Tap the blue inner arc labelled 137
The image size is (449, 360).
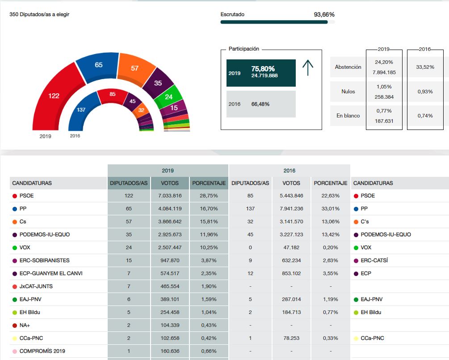[82, 109]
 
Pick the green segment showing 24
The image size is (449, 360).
[169, 96]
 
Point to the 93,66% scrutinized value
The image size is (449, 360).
[324, 14]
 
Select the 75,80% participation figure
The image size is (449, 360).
[263, 69]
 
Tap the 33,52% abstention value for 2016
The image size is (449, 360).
[424, 67]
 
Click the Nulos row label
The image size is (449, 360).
[348, 92]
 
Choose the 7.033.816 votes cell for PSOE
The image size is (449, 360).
[170, 196]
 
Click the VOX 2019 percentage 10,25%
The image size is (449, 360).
[209, 247]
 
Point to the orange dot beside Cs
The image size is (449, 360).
[15, 222]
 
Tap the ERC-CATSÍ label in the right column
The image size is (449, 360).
[374, 260]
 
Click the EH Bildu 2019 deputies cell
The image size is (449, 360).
[129, 312]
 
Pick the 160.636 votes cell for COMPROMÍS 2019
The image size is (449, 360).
[170, 351]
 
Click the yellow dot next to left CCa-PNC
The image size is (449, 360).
[15, 339]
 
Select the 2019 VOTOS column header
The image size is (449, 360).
[170, 183]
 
